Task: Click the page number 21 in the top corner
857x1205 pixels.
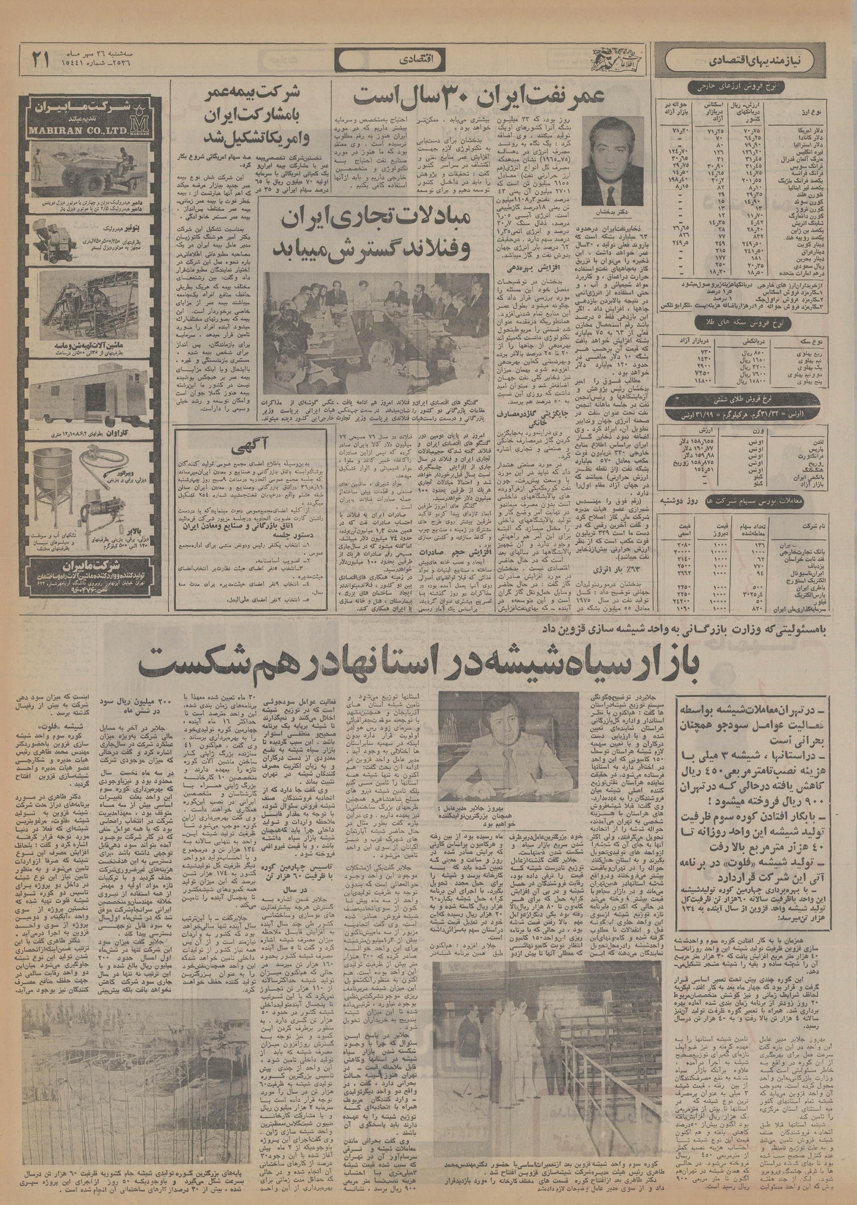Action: (39, 59)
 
